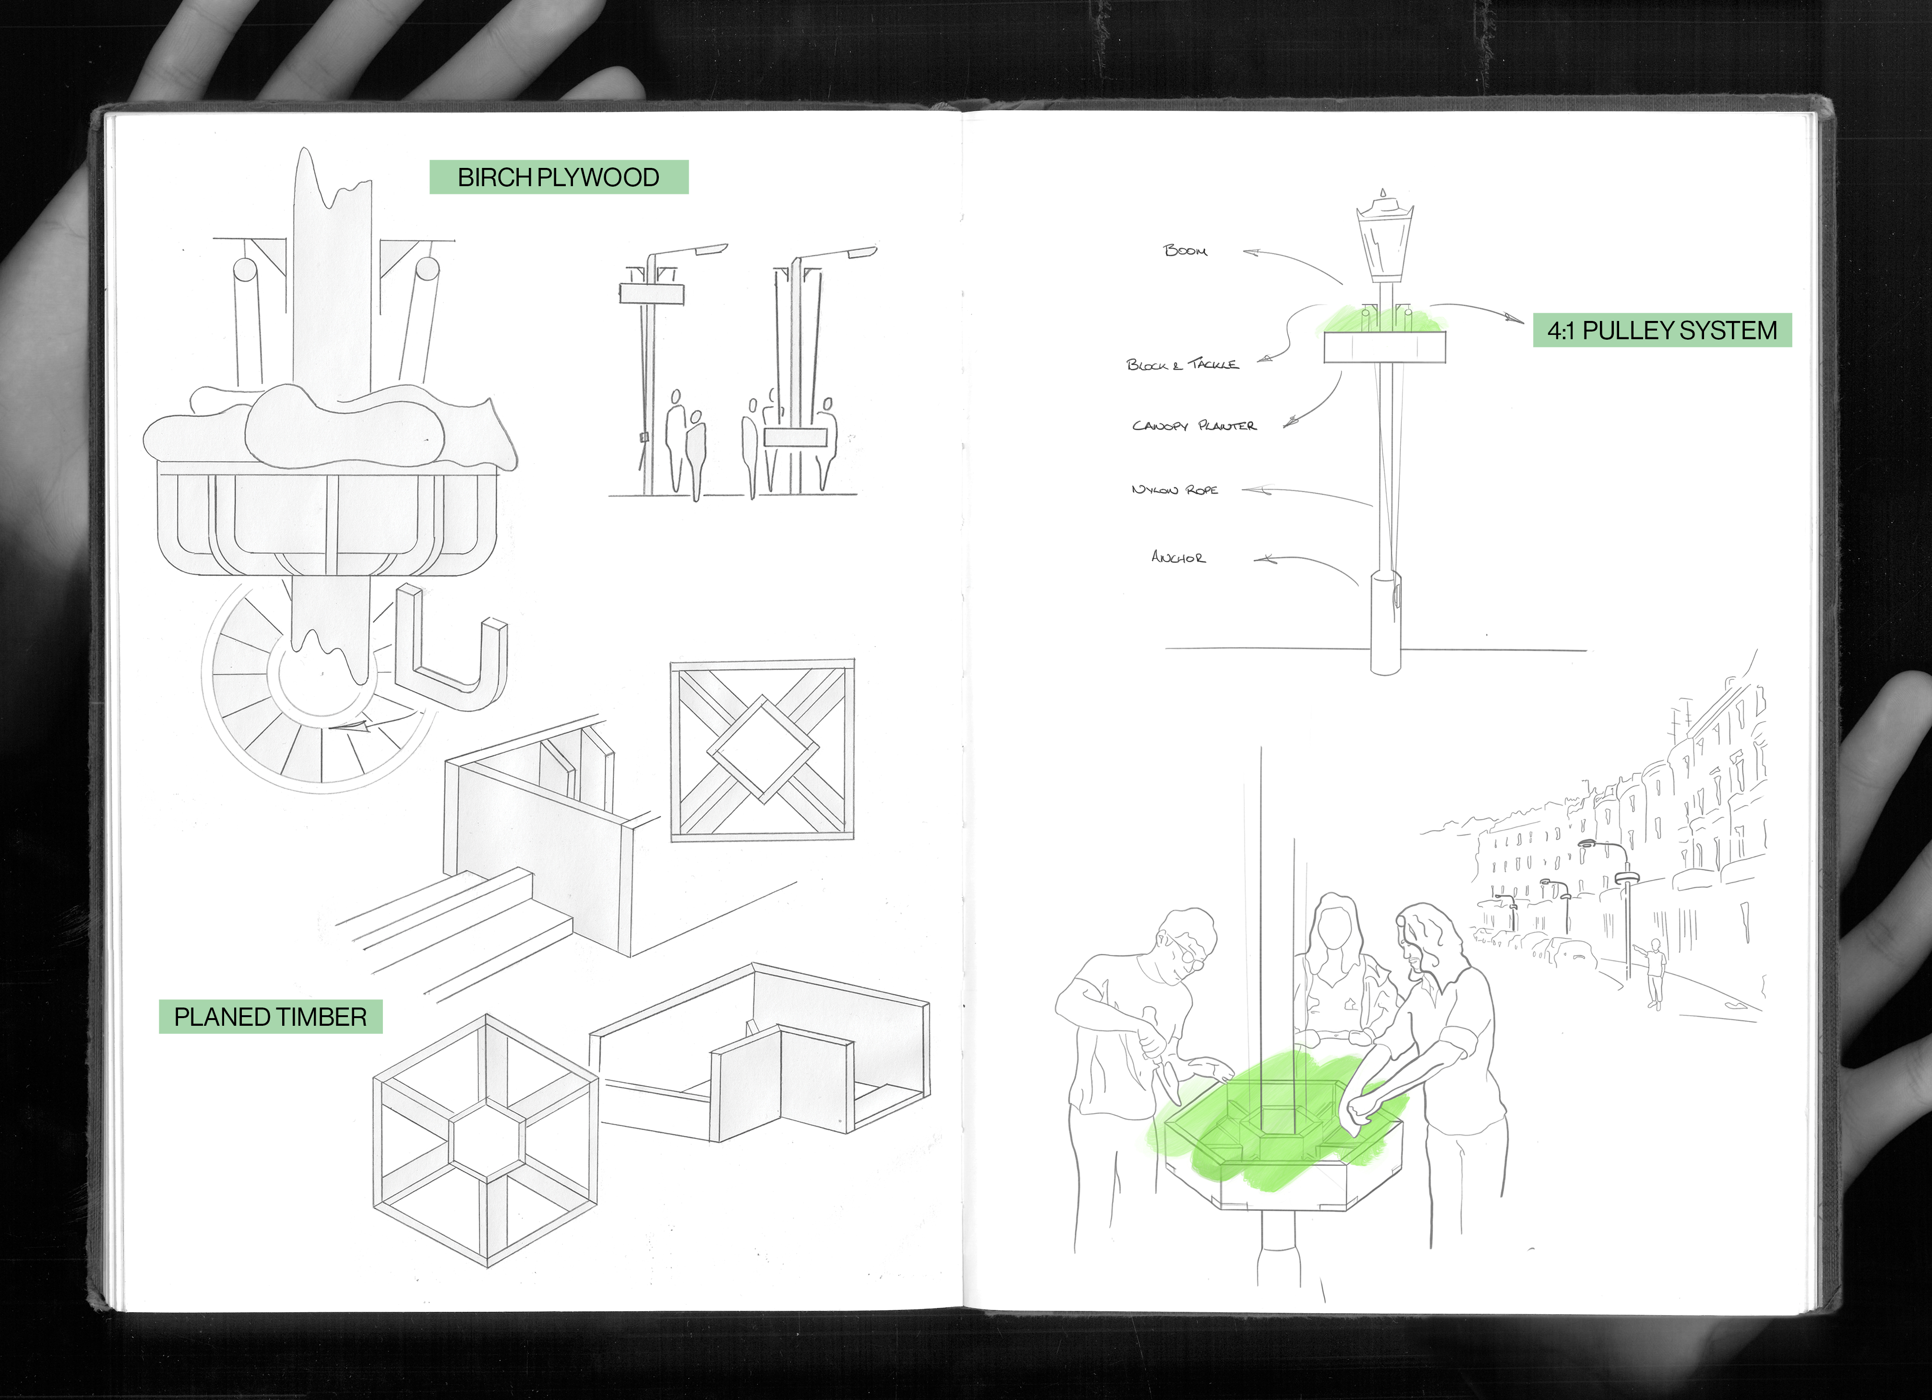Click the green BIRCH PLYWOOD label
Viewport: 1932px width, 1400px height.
[559, 177]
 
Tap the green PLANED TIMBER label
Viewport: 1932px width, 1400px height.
[270, 1017]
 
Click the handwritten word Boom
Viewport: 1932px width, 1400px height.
[1185, 250]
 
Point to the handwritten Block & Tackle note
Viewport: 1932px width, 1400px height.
[1182, 365]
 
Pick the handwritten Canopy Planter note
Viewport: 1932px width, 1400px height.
[1193, 425]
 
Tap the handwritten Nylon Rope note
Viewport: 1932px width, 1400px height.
[1175, 490]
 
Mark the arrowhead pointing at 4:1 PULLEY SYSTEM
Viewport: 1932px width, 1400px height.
[1514, 320]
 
